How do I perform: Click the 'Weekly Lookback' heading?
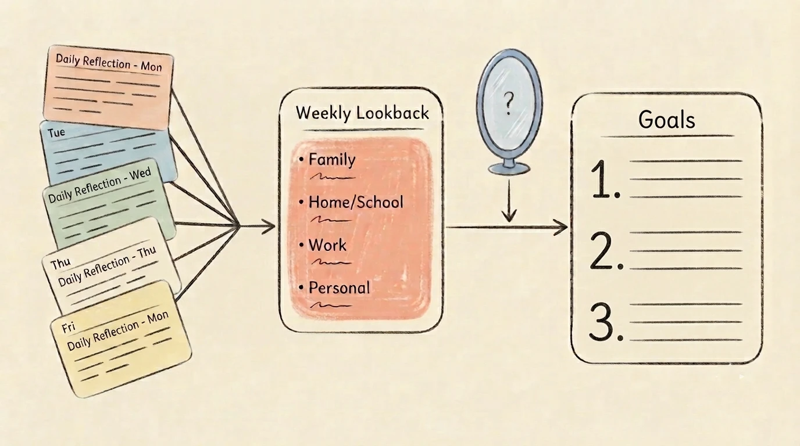click(x=362, y=113)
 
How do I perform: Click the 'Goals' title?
click(x=666, y=120)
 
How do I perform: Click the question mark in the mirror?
click(x=509, y=103)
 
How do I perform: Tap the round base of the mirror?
click(x=509, y=168)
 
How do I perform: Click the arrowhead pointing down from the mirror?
click(x=509, y=216)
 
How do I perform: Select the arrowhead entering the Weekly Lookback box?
click(x=269, y=226)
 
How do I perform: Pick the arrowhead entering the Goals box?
click(x=560, y=227)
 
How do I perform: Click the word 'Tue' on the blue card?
click(x=56, y=133)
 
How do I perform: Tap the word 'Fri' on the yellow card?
click(x=68, y=328)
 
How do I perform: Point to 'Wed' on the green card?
click(x=140, y=174)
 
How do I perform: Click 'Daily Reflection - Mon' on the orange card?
click(x=109, y=63)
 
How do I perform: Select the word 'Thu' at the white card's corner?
click(x=60, y=264)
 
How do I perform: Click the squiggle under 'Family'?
click(x=333, y=177)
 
